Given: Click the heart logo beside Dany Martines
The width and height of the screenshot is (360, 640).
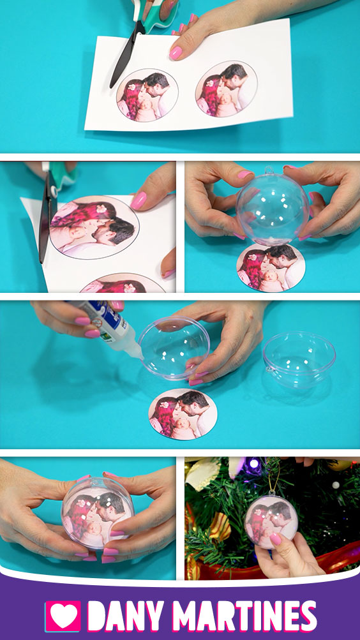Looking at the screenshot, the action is [63, 616].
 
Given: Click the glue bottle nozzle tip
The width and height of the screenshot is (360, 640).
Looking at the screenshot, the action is [141, 357].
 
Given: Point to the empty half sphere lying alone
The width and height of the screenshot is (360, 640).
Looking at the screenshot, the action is [299, 359].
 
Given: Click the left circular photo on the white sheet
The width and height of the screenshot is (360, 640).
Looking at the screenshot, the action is [147, 95].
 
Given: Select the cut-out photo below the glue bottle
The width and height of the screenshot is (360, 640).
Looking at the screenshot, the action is [183, 413].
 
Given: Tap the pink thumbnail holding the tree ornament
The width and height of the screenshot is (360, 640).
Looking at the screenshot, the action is [275, 539].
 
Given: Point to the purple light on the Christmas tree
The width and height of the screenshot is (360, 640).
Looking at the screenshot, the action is [254, 464].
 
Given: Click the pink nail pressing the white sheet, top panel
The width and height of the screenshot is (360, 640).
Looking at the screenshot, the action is [176, 53].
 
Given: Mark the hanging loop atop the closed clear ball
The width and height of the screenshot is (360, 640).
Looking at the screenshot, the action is [269, 170].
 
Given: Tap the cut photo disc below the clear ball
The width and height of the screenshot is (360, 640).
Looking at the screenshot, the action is [271, 268].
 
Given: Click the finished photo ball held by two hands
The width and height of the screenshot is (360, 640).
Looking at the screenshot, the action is [98, 512].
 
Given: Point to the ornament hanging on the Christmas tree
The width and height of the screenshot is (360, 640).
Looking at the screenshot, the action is [271, 521].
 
